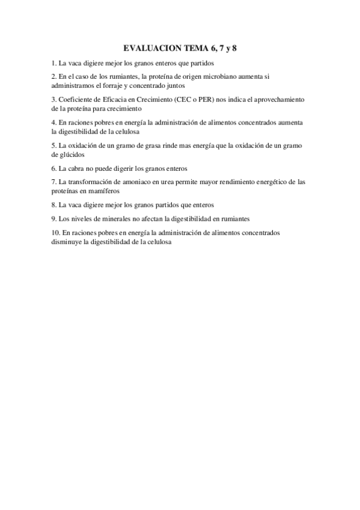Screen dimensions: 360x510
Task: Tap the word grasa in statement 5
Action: coord(149,145)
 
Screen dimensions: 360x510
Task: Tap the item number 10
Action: coord(55,232)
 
